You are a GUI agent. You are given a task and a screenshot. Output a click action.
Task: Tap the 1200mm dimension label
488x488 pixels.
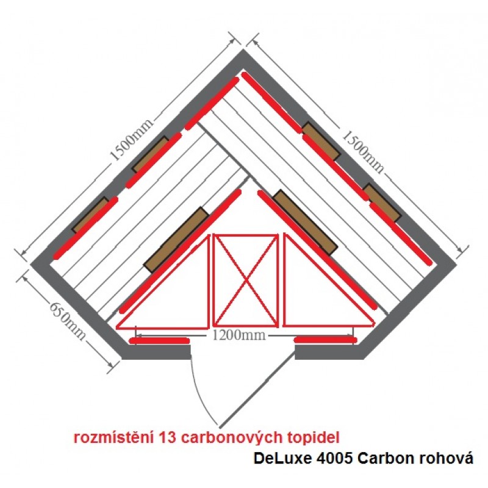[239, 335]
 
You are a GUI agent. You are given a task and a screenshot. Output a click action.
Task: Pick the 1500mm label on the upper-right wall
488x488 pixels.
[363, 151]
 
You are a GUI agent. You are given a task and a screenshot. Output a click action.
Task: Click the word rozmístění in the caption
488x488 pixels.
[114, 437]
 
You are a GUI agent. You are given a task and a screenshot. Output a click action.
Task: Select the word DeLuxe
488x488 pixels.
[282, 458]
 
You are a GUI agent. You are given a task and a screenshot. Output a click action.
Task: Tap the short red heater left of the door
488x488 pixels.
[160, 341]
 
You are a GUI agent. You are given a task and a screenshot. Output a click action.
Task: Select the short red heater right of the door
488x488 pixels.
[325, 340]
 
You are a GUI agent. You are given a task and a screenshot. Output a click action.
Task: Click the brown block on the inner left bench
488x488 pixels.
[176, 240]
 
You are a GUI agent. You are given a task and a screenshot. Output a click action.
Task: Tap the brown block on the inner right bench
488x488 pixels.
[305, 222]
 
